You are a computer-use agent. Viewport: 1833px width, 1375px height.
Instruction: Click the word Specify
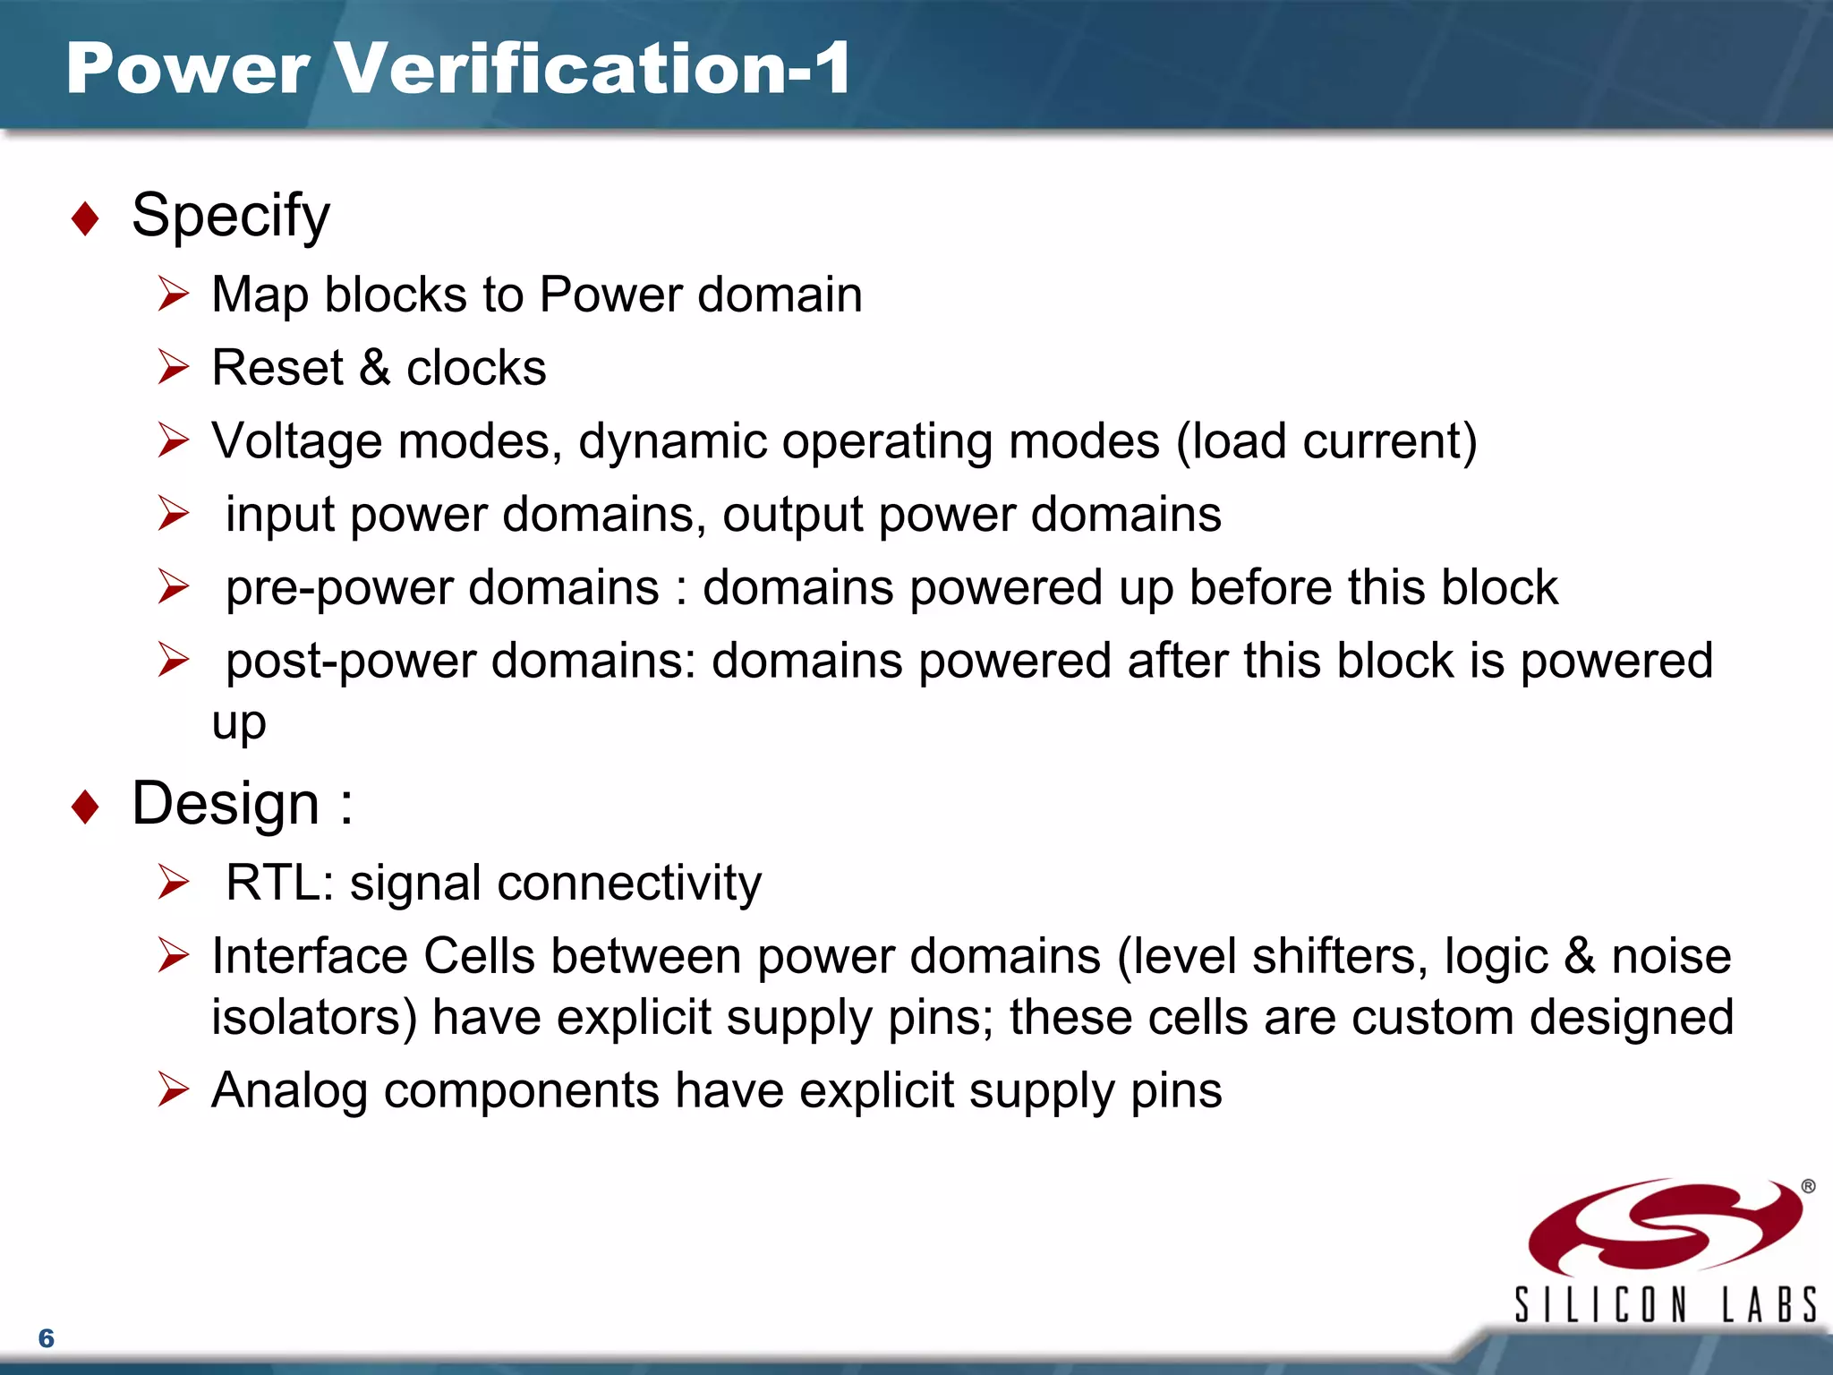(x=231, y=216)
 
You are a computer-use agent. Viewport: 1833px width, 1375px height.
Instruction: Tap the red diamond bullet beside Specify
(x=85, y=218)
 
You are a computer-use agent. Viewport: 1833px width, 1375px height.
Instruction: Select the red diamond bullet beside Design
(x=85, y=806)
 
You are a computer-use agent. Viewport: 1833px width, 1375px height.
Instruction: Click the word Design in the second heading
(x=226, y=803)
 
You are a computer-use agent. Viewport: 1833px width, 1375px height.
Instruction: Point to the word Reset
(x=277, y=368)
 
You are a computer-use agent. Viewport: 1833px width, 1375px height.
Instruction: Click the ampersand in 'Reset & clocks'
(x=375, y=368)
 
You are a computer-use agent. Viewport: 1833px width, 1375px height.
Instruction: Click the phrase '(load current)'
(x=1326, y=441)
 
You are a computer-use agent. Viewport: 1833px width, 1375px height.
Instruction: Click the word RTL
(x=274, y=883)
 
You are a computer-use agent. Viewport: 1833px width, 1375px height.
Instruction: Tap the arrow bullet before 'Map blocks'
(x=173, y=294)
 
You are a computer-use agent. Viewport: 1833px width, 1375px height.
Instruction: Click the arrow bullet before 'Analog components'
(x=173, y=1089)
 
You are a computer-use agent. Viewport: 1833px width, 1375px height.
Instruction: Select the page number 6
(x=47, y=1338)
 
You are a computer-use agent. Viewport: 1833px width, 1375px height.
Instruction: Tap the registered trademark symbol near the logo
(x=1808, y=1187)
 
